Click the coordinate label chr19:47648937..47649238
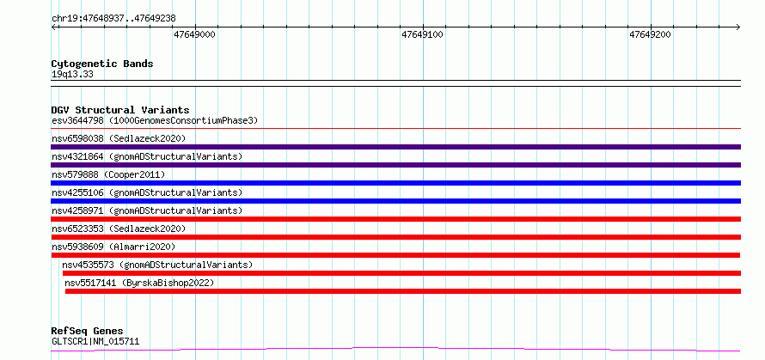[113, 19]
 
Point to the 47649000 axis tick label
[194, 34]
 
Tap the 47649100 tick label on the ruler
[423, 34]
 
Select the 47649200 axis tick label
[651, 34]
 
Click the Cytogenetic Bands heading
[102, 64]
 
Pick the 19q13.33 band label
[72, 75]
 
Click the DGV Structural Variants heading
[120, 110]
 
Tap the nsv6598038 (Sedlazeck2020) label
[119, 138]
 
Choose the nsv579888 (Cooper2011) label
[108, 174]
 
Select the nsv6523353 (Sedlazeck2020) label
[119, 229]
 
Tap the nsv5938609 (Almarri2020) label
[113, 247]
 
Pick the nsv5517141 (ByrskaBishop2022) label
[139, 283]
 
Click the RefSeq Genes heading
[87, 332]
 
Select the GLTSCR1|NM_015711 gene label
[95, 341]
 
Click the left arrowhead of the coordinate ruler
[52, 27]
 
